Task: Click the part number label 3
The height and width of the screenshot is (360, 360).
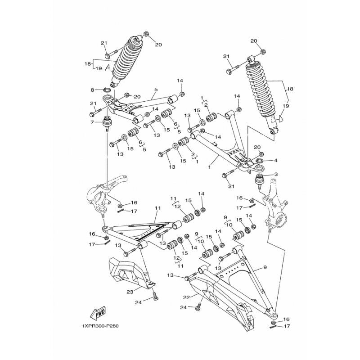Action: [x=276, y=174]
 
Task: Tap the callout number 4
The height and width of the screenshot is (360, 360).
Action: [x=276, y=160]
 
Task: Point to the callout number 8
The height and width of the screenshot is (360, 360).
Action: [x=92, y=90]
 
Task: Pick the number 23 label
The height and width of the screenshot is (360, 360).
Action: [x=130, y=291]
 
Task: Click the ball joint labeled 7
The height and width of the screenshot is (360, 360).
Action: [x=108, y=123]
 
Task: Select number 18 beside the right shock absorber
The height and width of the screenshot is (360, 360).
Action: [x=290, y=90]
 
